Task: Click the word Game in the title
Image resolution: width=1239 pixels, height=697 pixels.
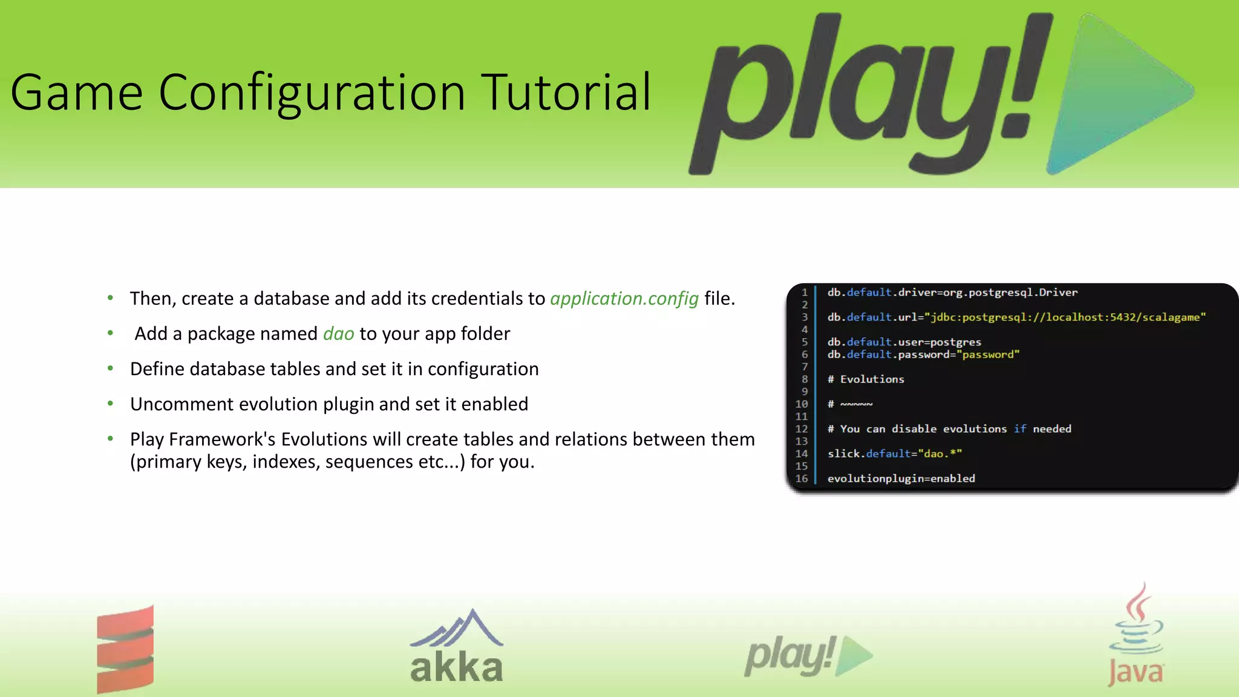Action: point(76,93)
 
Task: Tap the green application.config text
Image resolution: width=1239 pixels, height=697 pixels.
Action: point(624,298)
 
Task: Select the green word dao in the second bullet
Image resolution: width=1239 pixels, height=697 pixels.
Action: point(338,333)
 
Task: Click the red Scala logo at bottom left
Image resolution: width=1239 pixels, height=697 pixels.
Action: point(125,649)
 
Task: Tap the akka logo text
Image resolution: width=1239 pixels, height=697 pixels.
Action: point(457,667)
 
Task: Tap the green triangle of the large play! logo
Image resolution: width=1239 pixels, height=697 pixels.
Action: point(1113,91)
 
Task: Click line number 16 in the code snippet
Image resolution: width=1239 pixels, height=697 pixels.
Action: point(802,479)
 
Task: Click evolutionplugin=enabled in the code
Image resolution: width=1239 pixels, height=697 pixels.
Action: point(901,479)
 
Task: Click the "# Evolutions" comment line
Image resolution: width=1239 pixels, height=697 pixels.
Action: point(866,379)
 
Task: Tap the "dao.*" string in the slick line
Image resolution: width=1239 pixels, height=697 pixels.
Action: point(940,454)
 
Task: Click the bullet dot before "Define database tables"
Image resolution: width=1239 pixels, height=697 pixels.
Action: point(110,368)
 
